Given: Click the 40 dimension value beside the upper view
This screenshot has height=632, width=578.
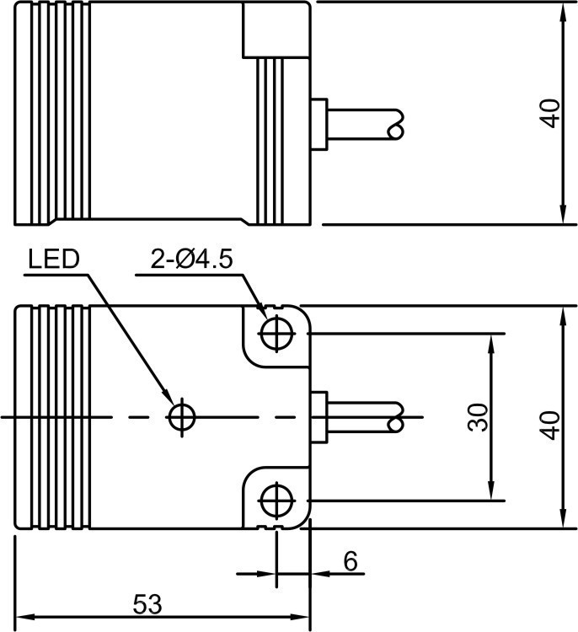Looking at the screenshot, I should click(x=549, y=113).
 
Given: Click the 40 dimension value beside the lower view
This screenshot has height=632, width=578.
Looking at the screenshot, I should click(x=549, y=425).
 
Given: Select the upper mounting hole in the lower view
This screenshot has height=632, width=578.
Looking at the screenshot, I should click(x=274, y=333).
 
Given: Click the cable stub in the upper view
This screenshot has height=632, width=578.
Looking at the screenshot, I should click(x=362, y=124).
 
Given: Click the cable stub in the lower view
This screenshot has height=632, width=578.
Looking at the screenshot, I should click(x=362, y=416).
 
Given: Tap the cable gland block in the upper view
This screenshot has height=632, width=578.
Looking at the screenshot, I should click(x=318, y=124).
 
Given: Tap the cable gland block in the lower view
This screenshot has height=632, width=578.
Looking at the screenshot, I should click(x=318, y=416).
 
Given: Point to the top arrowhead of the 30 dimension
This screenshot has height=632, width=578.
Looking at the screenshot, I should click(x=491, y=340).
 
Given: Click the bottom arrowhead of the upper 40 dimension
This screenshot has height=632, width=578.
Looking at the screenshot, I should click(x=561, y=218).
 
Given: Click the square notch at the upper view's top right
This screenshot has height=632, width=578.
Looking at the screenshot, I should click(x=276, y=29).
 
